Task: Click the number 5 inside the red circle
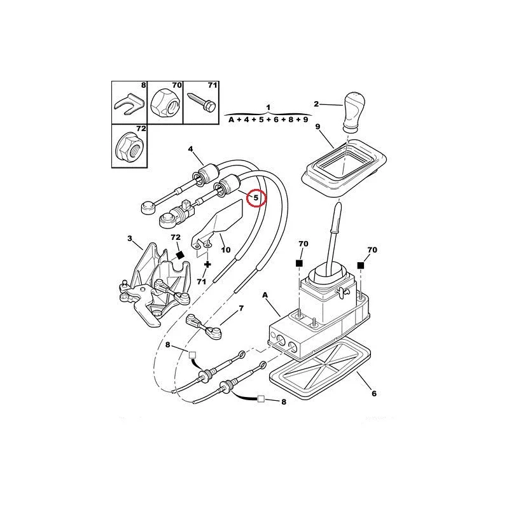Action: tap(256, 198)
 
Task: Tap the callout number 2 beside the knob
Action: tap(317, 104)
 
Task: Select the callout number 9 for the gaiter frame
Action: tap(317, 127)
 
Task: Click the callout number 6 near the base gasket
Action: tap(374, 393)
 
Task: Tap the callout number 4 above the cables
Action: tap(190, 150)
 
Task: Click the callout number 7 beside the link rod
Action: tap(241, 309)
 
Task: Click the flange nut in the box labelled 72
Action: tap(129, 146)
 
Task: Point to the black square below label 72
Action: tap(179, 254)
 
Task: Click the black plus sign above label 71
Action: tap(207, 263)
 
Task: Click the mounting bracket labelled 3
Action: tap(153, 280)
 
